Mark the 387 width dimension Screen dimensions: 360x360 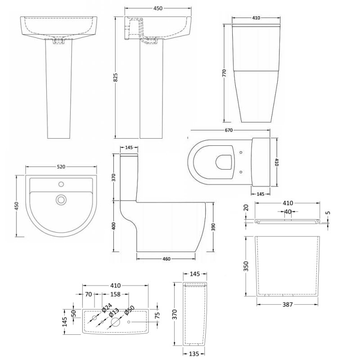point(288,305)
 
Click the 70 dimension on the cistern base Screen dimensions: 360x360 point(89,295)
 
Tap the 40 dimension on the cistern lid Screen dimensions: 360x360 point(288,212)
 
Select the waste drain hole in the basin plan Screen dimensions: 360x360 point(60,199)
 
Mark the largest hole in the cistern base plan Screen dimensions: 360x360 point(115,322)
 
